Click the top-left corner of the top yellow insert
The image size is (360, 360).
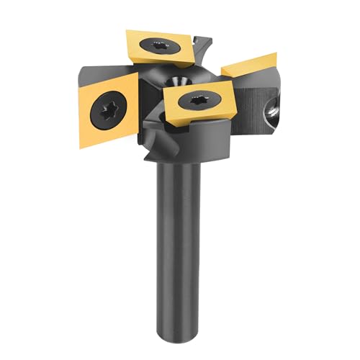tap(128, 31)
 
